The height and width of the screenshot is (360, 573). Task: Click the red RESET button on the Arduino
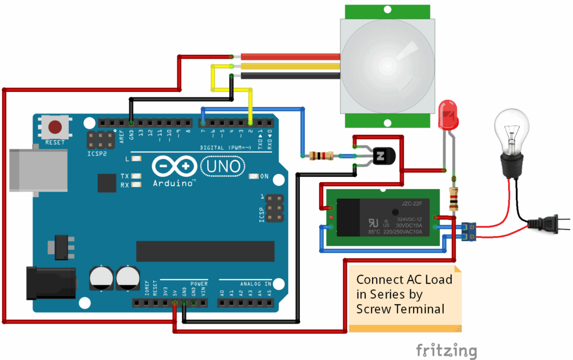55,127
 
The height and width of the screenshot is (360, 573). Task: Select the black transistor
383,157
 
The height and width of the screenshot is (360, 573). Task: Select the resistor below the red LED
454,198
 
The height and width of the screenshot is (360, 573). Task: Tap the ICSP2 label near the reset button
96,153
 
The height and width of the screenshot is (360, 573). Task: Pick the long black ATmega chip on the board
205,251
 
